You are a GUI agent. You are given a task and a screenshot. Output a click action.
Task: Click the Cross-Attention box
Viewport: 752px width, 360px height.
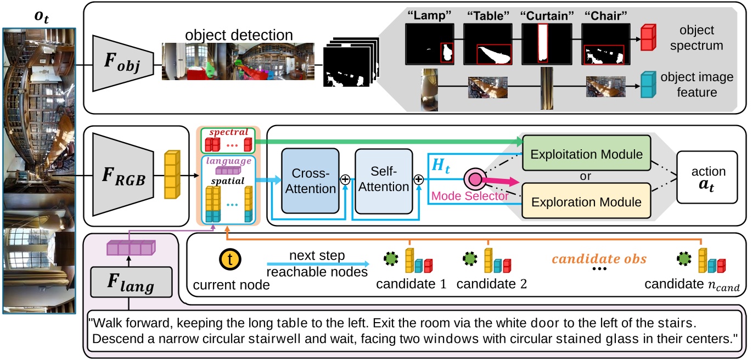(x=309, y=180)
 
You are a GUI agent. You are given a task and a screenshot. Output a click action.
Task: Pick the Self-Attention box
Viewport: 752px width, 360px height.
(x=383, y=180)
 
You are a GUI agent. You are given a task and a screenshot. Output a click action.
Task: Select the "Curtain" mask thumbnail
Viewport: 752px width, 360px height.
(x=543, y=45)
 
